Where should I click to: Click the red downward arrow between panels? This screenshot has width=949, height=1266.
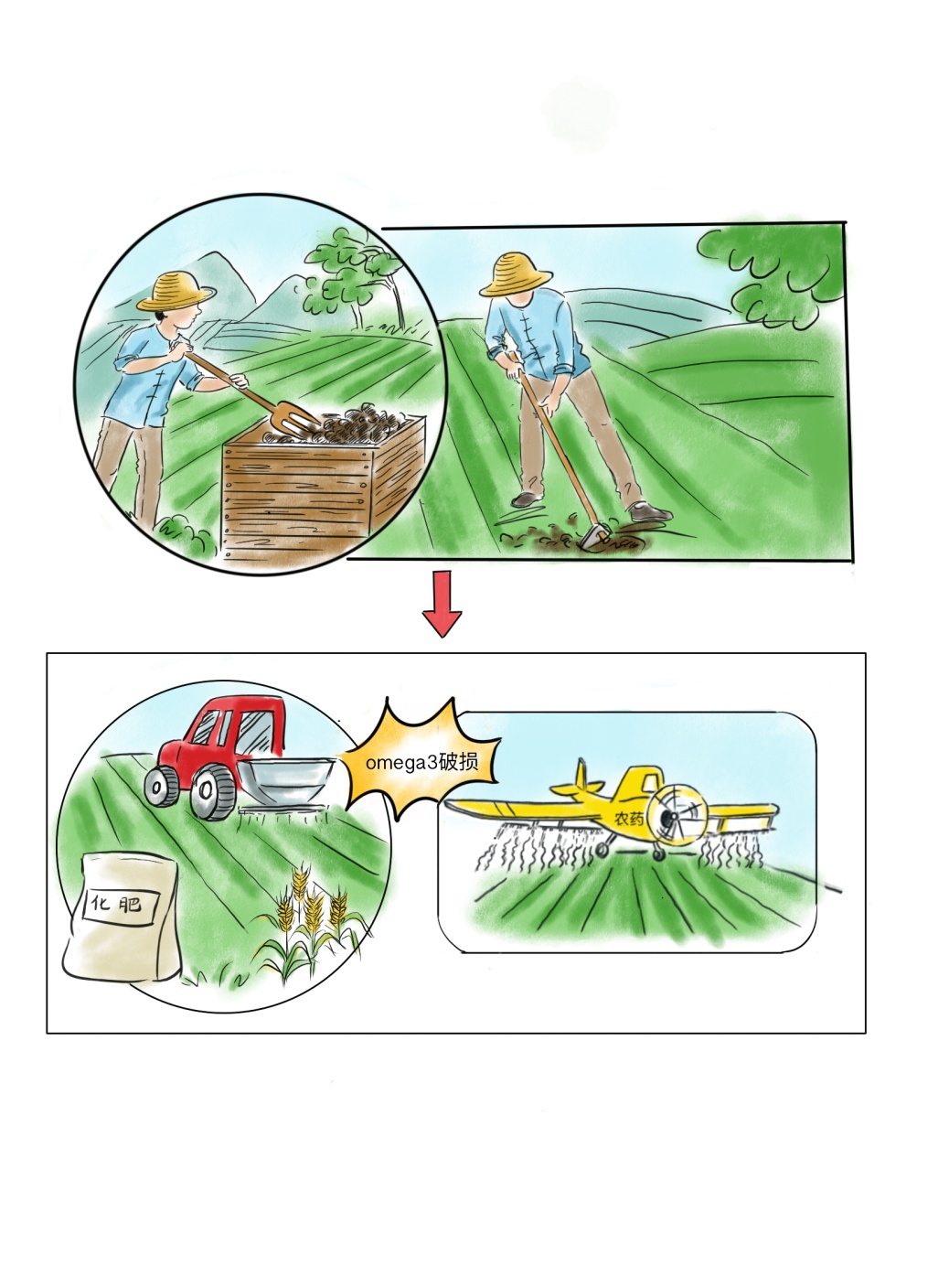(442, 604)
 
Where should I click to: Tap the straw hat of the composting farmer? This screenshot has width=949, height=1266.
(176, 292)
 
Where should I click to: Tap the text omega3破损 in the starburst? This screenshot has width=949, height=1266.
(421, 762)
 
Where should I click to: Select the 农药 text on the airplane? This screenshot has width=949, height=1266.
(629, 818)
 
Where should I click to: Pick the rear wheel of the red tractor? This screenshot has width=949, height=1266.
(161, 786)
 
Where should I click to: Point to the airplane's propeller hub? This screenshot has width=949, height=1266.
(669, 817)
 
